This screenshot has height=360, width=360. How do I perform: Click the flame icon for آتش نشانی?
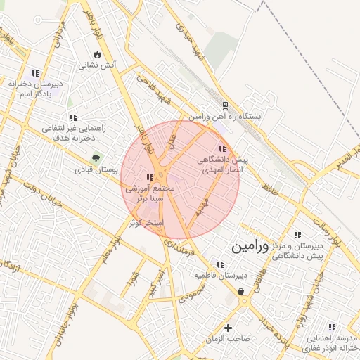tap(97, 54)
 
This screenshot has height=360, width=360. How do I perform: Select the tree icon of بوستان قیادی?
tap(96, 157)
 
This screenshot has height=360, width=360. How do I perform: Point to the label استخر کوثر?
tap(146, 222)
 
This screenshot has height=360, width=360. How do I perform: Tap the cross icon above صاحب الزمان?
tap(228, 328)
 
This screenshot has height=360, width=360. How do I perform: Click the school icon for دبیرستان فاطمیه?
tap(221, 265)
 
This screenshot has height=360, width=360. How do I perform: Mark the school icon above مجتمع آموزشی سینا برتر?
tap(150, 177)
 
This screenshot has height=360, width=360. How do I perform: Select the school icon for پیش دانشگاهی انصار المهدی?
tap(223, 148)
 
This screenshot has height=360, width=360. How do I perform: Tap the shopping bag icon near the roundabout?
tap(241, 291)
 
